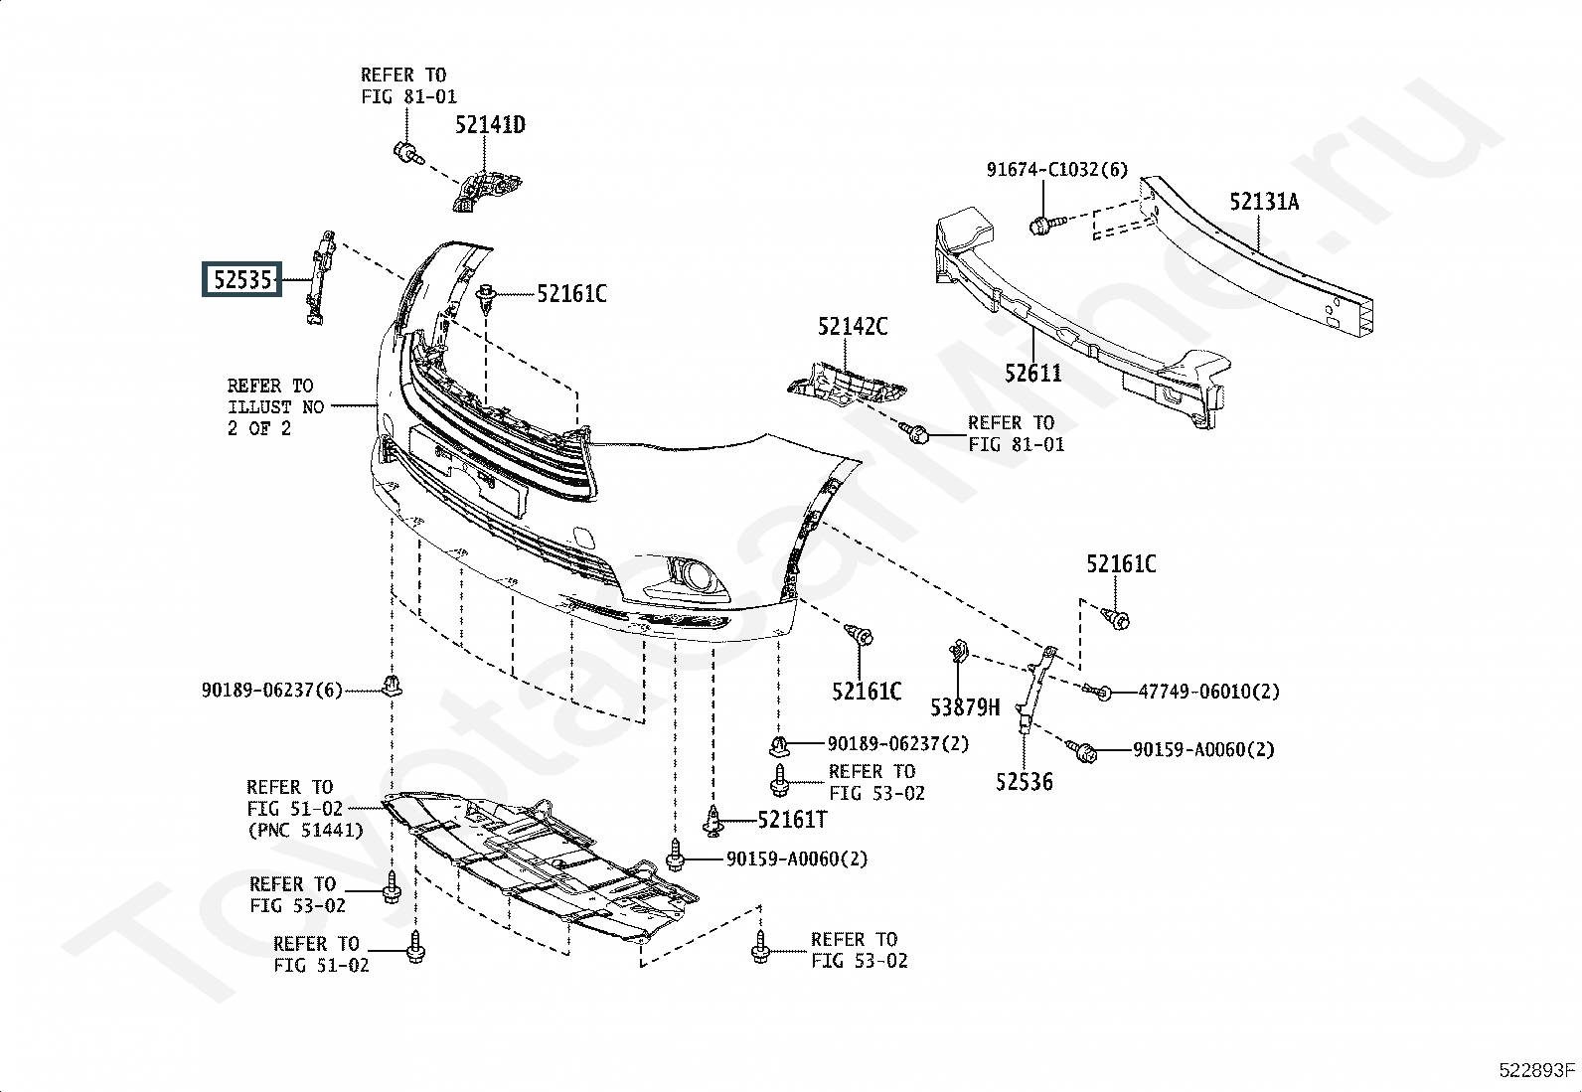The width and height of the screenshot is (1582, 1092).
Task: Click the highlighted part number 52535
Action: pos(242,280)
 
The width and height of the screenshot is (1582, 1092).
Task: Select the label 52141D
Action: pos(490,125)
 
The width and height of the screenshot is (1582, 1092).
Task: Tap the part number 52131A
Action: pos(1264,202)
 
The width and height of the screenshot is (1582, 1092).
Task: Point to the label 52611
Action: pos(1033,373)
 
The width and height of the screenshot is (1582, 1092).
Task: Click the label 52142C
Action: pos(853,326)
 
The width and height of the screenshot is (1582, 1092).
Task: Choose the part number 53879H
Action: pos(965,707)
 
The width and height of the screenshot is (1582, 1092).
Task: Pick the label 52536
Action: pos(1025,782)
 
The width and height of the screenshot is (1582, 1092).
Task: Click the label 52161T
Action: pos(792,820)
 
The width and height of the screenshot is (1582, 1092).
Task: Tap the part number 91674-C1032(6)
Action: pos(1057,170)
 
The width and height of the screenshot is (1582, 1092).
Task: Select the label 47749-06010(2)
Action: pos(1209,692)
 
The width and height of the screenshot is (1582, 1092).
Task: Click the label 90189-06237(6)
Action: pos(272,691)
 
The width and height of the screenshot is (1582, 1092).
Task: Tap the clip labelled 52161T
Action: pos(714,822)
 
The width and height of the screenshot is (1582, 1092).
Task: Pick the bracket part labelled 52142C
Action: pos(846,386)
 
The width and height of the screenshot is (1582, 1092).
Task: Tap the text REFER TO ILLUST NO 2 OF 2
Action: pos(275,406)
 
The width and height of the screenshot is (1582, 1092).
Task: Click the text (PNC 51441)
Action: pos(305,830)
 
